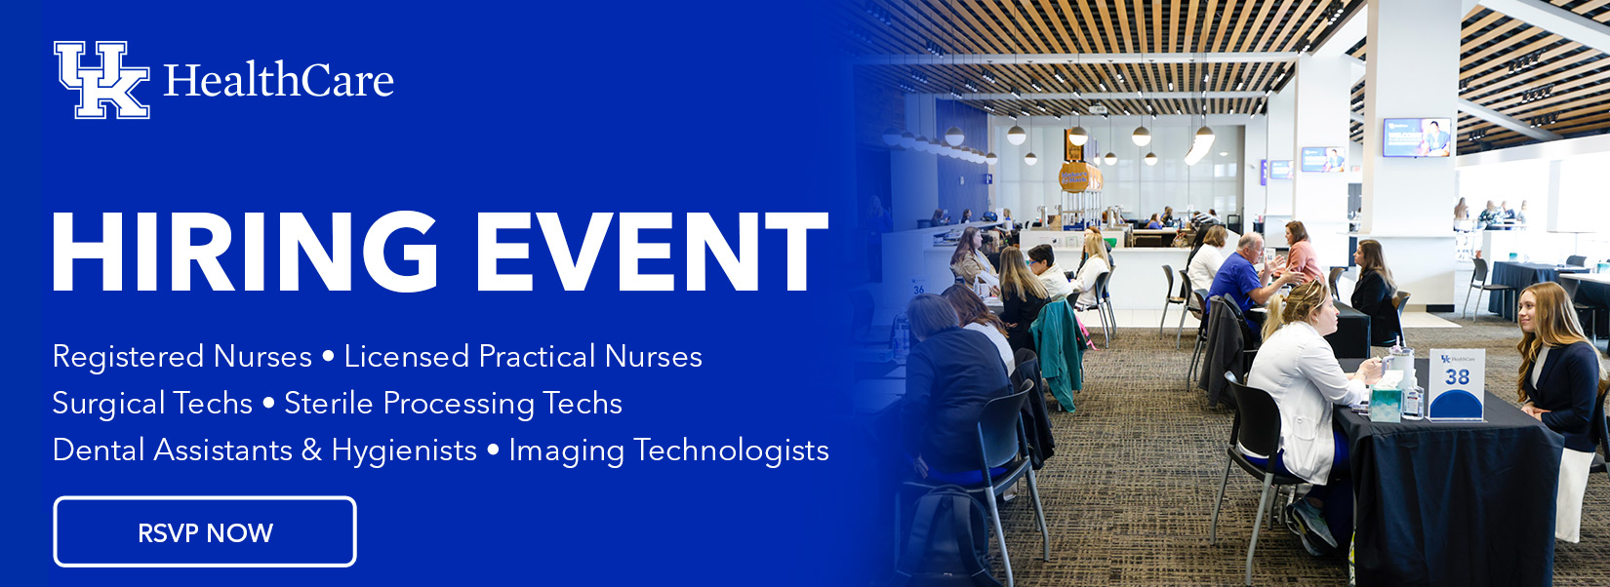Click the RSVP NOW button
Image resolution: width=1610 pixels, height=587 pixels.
(205, 531)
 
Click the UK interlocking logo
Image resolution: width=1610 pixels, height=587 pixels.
(101, 80)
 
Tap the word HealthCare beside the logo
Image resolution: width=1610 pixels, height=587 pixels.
(279, 80)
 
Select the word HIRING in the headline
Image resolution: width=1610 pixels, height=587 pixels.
(244, 252)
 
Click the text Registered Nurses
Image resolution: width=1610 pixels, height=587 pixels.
(181, 357)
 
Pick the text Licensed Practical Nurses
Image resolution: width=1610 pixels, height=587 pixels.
(523, 356)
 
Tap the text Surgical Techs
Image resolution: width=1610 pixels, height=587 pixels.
(152, 404)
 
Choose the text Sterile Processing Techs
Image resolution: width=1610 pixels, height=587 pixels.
(454, 404)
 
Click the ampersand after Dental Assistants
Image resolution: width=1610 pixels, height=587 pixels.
(311, 450)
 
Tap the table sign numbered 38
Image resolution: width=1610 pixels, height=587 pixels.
(1456, 384)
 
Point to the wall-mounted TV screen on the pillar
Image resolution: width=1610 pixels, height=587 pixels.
(1417, 137)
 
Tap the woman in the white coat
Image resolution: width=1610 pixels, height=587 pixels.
(1301, 403)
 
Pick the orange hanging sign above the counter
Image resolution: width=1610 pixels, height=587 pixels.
(1080, 176)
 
